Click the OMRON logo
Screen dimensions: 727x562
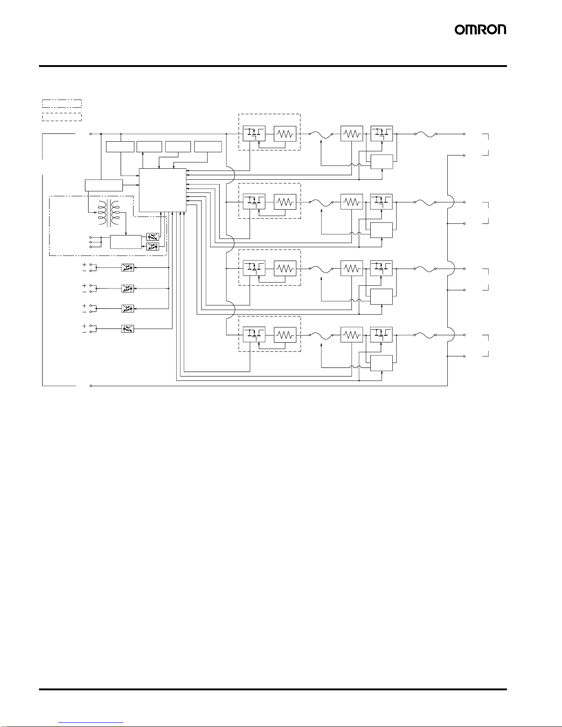[480, 30]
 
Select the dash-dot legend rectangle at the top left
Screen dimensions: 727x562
[61, 103]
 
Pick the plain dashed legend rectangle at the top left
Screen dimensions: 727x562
[61, 117]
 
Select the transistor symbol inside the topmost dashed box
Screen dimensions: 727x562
[254, 133]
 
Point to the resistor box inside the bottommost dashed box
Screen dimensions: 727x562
[285, 335]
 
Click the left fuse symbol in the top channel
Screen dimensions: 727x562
[321, 134]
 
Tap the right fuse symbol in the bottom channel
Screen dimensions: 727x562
[425, 335]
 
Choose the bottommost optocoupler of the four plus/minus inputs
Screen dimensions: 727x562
[128, 329]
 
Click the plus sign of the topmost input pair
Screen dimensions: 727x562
[84, 265]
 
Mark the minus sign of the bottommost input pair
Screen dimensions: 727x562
[84, 332]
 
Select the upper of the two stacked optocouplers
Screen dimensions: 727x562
[152, 237]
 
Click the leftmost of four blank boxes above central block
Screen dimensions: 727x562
[120, 147]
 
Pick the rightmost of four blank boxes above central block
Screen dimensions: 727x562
[208, 147]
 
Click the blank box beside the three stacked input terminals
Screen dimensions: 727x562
[126, 242]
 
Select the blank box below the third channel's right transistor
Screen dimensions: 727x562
[381, 297]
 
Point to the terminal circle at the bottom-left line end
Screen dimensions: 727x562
[91, 386]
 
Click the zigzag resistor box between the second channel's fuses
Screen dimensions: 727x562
[352, 201]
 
